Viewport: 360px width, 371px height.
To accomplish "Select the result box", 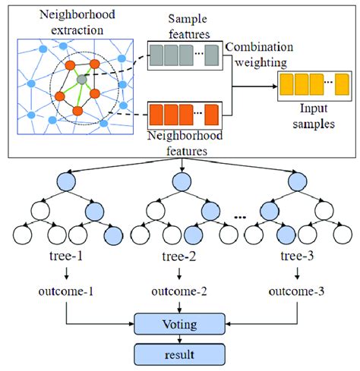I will [x=180, y=354].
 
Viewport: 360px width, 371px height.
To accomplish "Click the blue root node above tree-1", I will [x=64, y=182].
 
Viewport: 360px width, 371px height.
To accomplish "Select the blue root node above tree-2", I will [x=179, y=182].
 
